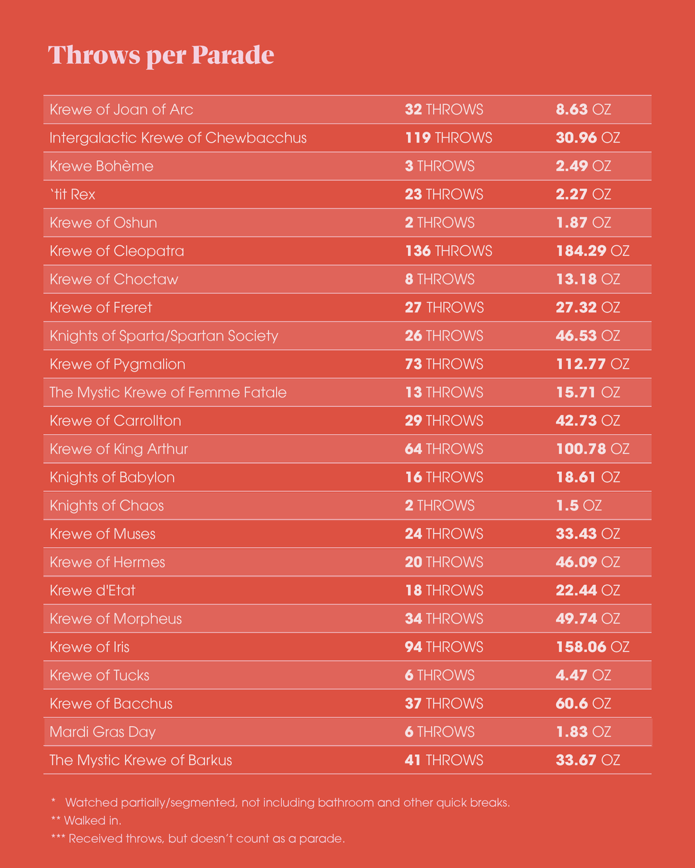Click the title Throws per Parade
[x=161, y=55]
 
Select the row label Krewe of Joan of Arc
[x=122, y=109]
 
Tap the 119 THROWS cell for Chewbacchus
[x=448, y=138]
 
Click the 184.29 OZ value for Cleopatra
[x=592, y=251]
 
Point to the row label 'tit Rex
[x=73, y=194]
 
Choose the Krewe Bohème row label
[x=102, y=166]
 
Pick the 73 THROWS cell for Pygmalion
[x=443, y=364]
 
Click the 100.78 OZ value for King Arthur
[x=592, y=449]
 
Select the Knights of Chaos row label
[x=107, y=505]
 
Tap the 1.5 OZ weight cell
[x=579, y=505]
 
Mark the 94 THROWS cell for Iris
[x=443, y=647]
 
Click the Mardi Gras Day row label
[x=103, y=732]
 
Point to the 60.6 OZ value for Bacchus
[x=583, y=703]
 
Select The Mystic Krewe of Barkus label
[x=141, y=760]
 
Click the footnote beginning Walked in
[x=86, y=820]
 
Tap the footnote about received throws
[x=198, y=838]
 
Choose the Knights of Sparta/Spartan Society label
[x=164, y=336]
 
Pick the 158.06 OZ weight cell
[x=592, y=647]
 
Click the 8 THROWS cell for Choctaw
[x=440, y=279]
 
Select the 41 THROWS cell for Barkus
[x=443, y=760]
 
